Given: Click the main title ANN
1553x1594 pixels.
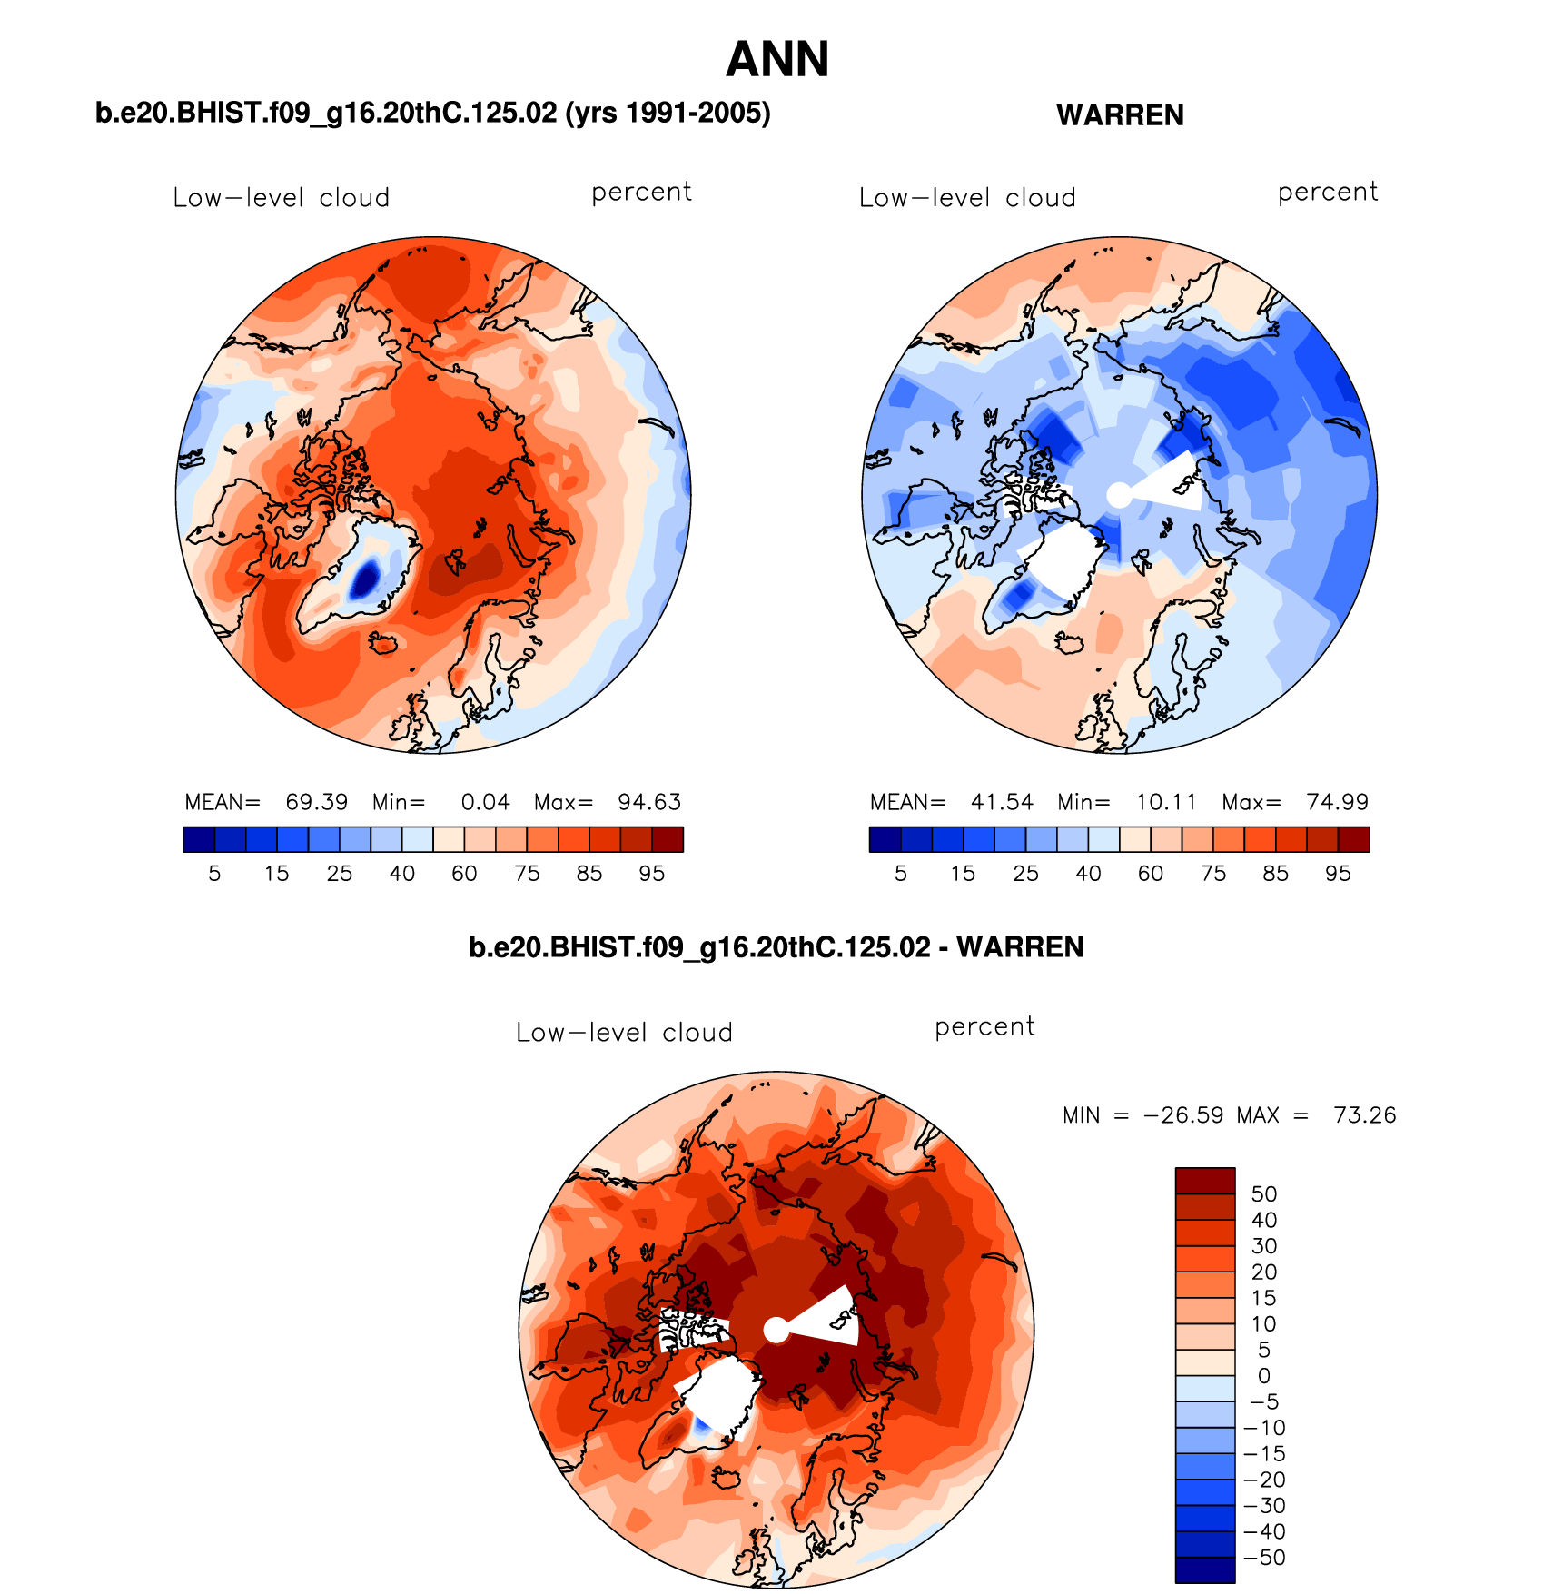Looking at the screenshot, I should (x=777, y=60).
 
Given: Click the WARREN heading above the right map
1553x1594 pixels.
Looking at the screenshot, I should (x=1120, y=115).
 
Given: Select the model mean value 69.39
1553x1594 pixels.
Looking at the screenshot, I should (x=316, y=802).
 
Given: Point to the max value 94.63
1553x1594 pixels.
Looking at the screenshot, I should (x=648, y=802).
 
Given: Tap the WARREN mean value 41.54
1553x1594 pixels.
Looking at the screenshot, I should (x=1002, y=802).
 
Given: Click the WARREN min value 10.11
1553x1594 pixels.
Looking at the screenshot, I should (x=1166, y=802).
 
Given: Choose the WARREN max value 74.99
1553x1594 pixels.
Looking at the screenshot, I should (x=1337, y=802).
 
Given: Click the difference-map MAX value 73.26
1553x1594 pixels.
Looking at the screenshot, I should (x=1364, y=1115).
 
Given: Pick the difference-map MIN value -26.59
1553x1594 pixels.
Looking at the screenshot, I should (x=1182, y=1115).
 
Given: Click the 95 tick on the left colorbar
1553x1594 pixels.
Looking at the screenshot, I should (x=651, y=874).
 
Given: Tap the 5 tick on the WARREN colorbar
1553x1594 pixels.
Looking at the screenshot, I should (x=901, y=874).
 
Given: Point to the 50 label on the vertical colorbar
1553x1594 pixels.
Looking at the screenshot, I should (x=1264, y=1194).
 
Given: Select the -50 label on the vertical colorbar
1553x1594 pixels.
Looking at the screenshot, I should (x=1264, y=1558).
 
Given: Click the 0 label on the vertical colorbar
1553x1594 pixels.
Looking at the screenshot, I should (x=1264, y=1376).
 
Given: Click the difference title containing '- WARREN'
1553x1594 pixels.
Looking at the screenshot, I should (x=776, y=947).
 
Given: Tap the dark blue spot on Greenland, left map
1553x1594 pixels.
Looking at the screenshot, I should (x=365, y=579).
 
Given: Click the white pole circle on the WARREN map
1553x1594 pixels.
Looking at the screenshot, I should (x=1120, y=495).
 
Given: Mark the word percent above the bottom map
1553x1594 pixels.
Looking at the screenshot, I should (x=984, y=1027).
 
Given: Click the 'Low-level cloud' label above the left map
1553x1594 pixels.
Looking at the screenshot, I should (x=281, y=198).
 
